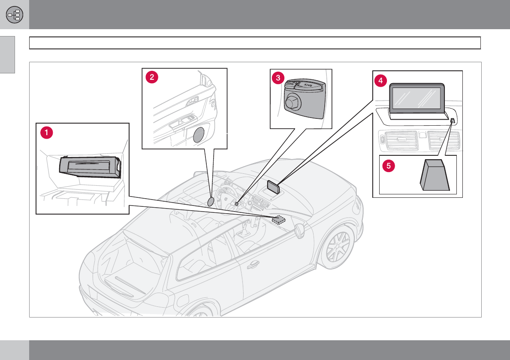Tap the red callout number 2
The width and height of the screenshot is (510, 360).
(x=151, y=77)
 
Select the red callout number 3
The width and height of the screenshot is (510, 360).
(x=278, y=78)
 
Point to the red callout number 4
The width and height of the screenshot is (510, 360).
(x=380, y=80)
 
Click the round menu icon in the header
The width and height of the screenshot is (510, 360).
(x=15, y=15)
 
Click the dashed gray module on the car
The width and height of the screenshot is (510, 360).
(x=279, y=220)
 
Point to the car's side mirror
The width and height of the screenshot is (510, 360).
(x=300, y=230)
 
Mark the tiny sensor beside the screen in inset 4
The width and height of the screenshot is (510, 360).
(x=453, y=121)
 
